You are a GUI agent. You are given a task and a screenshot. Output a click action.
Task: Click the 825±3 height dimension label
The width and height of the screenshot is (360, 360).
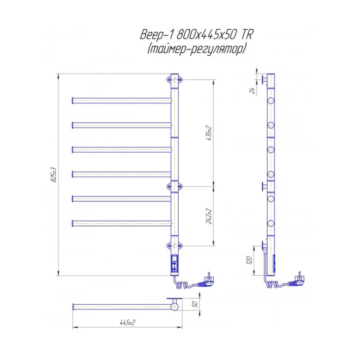pyautogui.click(x=54, y=175)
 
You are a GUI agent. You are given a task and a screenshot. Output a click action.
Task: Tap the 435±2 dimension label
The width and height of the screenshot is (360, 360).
pyautogui.click(x=209, y=133)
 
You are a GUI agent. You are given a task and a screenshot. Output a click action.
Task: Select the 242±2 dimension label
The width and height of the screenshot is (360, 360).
pyautogui.click(x=209, y=216)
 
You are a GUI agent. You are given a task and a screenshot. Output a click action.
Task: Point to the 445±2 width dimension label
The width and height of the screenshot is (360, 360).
pyautogui.click(x=127, y=323)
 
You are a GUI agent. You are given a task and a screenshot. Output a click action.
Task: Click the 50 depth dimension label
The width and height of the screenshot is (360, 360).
pyautogui.click(x=195, y=304)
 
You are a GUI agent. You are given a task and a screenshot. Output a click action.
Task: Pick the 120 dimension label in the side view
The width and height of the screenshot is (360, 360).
pyautogui.click(x=249, y=260)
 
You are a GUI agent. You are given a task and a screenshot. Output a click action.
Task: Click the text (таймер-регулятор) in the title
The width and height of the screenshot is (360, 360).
pyautogui.click(x=196, y=49)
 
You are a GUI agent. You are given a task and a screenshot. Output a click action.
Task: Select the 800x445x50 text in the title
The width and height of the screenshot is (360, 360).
pyautogui.click(x=207, y=35)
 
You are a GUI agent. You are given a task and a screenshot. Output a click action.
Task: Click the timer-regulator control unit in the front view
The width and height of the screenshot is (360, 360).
pyautogui.click(x=175, y=264)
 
